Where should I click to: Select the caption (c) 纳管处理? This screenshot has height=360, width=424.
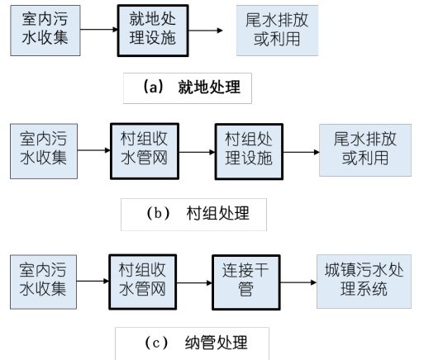pos(195,340)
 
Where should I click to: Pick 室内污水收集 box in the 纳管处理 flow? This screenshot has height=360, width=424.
pos(42,282)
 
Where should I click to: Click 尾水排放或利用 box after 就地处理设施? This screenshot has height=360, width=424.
pos(277,30)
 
